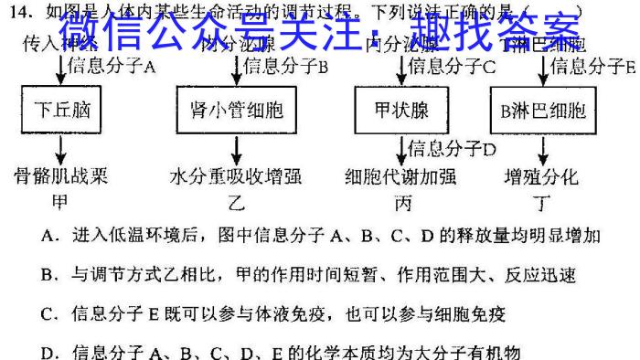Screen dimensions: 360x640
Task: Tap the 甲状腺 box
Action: [x=402, y=111]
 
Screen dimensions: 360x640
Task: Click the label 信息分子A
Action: [x=114, y=66]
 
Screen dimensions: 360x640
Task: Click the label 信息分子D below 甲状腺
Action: [x=452, y=148]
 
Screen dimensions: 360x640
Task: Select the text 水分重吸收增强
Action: [x=236, y=176]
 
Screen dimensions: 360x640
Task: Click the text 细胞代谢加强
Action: [x=400, y=176]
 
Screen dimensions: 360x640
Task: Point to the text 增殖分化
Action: [x=541, y=176]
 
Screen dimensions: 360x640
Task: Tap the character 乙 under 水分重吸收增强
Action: [x=237, y=202]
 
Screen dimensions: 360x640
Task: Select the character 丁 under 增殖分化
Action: [x=541, y=202]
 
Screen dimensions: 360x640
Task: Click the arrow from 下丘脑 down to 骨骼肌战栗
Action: [x=62, y=149]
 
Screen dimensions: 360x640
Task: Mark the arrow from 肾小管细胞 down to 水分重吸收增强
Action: [x=237, y=149]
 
